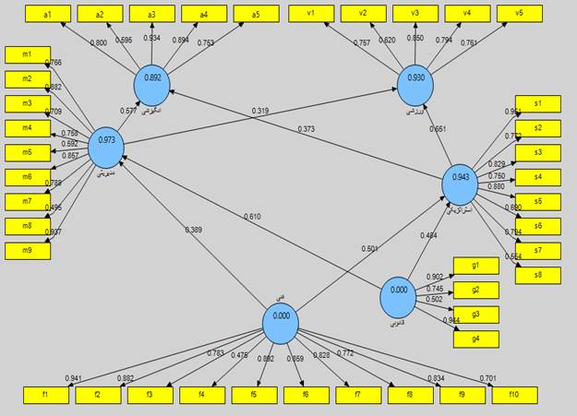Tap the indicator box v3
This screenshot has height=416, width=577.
coord(415,13)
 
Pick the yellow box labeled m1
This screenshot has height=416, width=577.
coord(28,54)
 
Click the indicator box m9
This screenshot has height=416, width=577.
coord(28,250)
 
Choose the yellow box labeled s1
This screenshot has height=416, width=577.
coord(538,102)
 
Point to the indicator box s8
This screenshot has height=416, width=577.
coord(538,275)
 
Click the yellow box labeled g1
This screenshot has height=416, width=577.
coord(476,266)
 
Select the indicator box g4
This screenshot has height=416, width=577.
coord(476,339)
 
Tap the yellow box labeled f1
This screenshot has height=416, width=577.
coord(46,395)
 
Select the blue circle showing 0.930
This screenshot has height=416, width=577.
coord(415,80)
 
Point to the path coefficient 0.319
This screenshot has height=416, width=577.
coord(260,112)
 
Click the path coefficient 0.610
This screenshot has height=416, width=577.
coord(251,217)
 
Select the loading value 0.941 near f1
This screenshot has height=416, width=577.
coord(74,378)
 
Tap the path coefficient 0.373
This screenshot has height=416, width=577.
coord(307,128)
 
